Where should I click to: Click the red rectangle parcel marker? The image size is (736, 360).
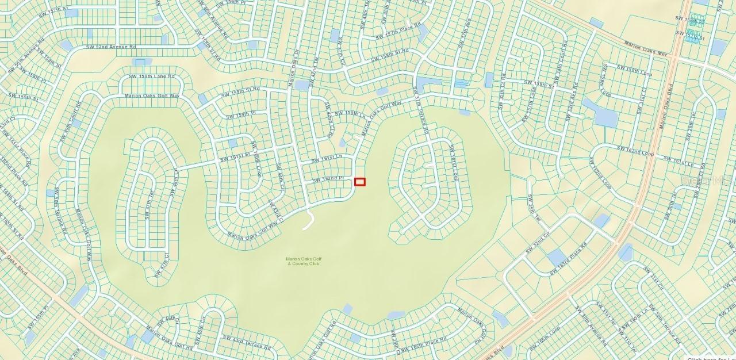360,182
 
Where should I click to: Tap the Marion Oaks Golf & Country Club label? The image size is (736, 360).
302,261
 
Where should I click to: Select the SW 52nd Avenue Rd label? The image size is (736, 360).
111,47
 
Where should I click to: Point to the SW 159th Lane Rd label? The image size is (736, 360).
151,76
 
